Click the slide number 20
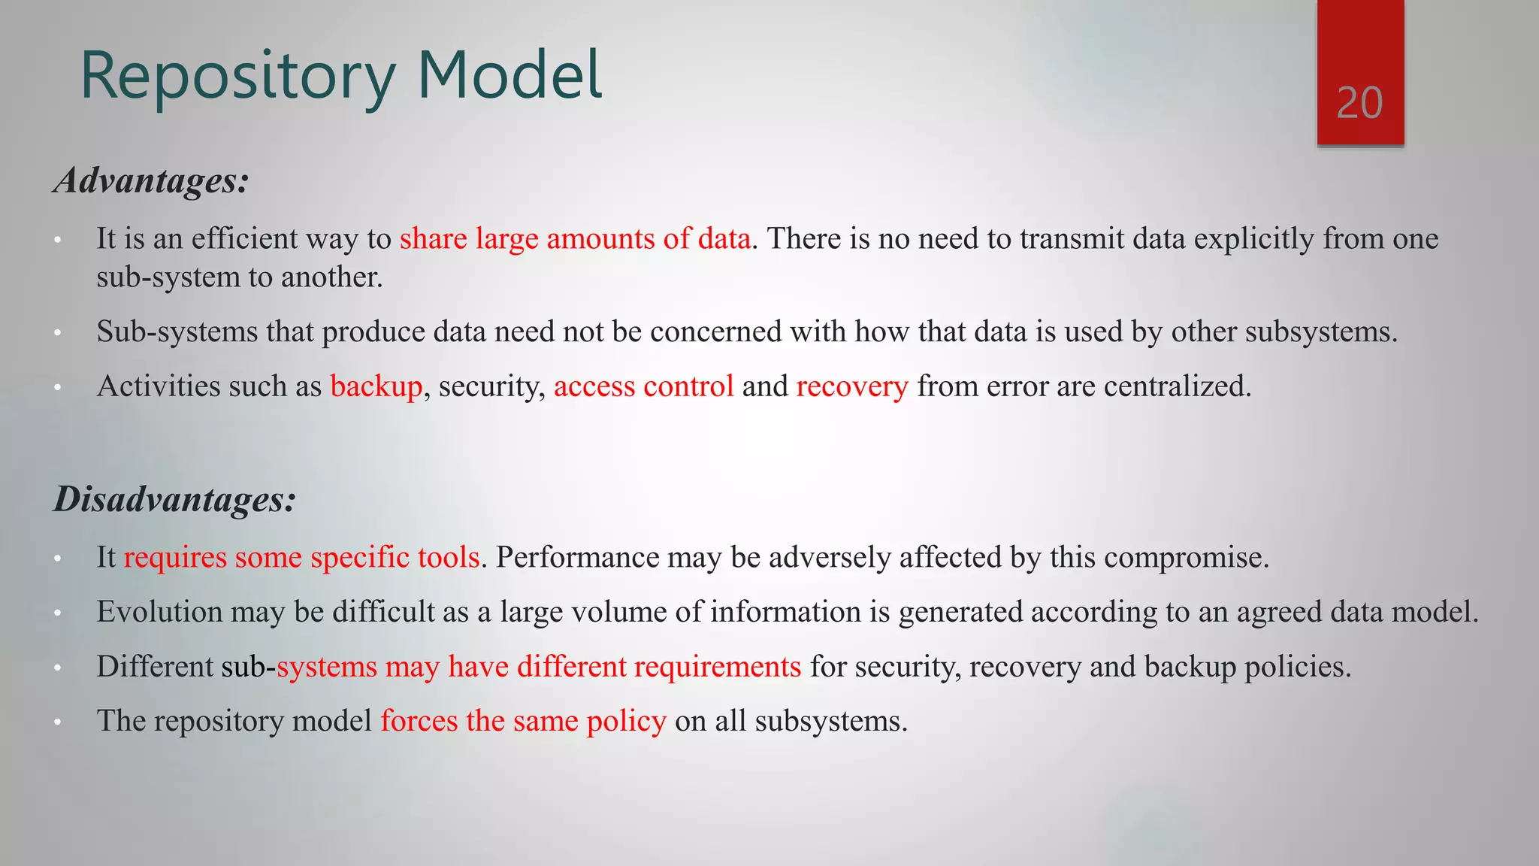pos(1359,103)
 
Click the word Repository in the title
pos(237,76)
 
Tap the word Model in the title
pos(509,74)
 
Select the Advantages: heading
pos(151,181)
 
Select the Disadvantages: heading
pos(174,499)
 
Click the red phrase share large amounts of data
pos(575,239)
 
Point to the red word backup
pos(376,386)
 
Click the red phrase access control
pos(643,386)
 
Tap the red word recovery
pos(852,386)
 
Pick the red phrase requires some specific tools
pos(301,558)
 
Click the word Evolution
pos(159,612)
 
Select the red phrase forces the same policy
pos(523,721)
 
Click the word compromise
pos(1185,558)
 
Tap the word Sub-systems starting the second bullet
pos(177,332)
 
